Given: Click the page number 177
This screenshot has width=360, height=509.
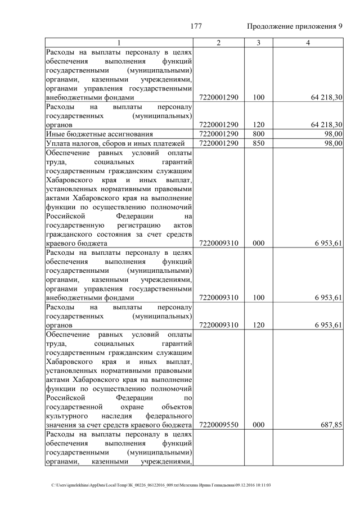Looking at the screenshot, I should click(x=196, y=26).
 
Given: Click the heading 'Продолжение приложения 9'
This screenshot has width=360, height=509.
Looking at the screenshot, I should click(x=295, y=26).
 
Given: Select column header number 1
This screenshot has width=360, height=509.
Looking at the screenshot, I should click(x=119, y=43).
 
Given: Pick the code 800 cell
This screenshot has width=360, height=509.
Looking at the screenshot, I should click(x=259, y=134).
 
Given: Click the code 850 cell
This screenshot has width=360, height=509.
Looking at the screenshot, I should click(x=259, y=143).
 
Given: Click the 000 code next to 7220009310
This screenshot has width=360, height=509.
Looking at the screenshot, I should click(x=259, y=243).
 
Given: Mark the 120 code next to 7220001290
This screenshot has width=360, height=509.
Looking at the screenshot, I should click(x=259, y=124).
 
